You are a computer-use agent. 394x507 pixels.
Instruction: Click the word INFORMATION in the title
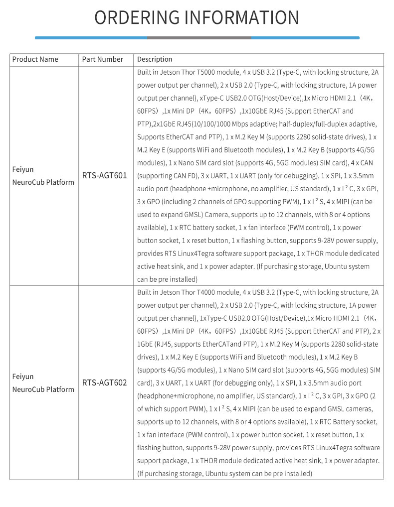click(241, 17)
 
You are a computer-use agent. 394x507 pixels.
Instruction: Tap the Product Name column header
click(35, 59)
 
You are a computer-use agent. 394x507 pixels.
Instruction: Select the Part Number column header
click(103, 59)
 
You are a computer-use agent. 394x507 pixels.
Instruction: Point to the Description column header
click(155, 59)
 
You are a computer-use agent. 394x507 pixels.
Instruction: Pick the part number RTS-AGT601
click(105, 175)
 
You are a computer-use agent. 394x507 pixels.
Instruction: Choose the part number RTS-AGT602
click(105, 382)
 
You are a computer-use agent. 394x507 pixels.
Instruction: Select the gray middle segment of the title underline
click(199, 38)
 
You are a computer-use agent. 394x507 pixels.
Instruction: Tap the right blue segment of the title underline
click(305, 38)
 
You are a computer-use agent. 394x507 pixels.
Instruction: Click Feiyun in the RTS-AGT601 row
click(23, 169)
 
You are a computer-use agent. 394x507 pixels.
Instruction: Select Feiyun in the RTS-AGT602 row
click(23, 377)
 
